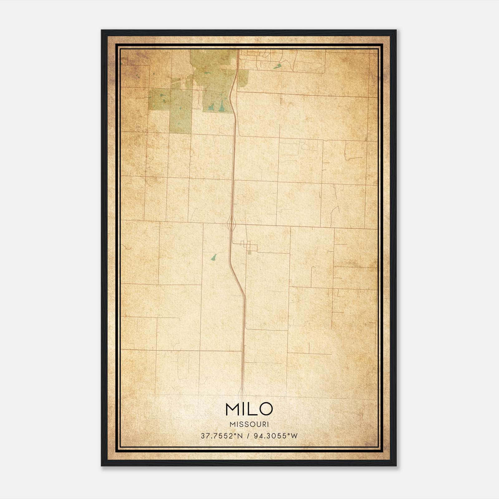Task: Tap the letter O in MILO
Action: tap(266, 409)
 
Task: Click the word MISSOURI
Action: tap(249, 424)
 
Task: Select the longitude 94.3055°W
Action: tap(276, 436)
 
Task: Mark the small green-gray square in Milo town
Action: tap(249, 253)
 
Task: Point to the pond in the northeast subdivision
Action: tap(277, 66)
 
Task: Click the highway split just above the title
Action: tap(242, 391)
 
